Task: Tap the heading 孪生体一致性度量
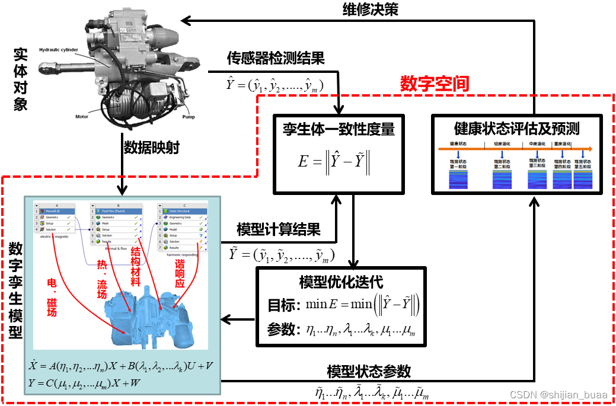point(339,127)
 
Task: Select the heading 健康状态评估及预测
point(516,127)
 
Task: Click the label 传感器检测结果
point(276,58)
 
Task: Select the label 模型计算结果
point(279,229)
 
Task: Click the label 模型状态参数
point(369,372)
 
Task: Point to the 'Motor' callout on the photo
point(81,117)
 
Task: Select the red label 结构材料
point(136,267)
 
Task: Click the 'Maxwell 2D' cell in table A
point(56,211)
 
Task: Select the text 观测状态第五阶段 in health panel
point(583,164)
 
